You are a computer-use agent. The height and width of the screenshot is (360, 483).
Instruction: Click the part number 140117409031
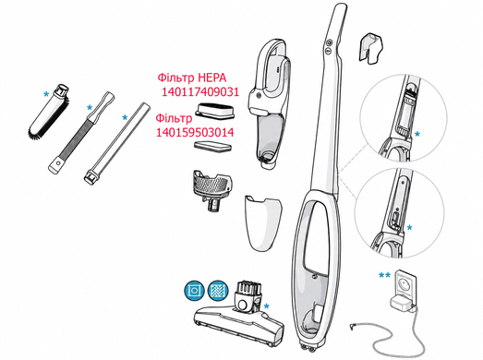tap(200, 92)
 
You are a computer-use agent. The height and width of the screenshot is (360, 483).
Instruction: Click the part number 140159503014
tap(195, 132)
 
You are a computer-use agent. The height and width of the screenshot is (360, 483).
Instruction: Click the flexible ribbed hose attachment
tap(81, 132)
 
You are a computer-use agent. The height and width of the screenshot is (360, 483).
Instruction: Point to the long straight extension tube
tap(117, 143)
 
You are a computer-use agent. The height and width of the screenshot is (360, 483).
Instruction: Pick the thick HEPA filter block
tap(214, 111)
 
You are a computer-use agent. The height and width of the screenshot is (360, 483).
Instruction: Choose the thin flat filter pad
tap(212, 146)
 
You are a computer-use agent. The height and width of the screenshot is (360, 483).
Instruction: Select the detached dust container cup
tap(263, 222)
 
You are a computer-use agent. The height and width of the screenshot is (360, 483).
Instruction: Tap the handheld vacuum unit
tap(270, 103)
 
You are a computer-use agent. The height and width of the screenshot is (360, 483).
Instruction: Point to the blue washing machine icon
tap(194, 291)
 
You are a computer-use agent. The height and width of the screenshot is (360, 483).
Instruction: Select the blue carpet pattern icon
tap(218, 291)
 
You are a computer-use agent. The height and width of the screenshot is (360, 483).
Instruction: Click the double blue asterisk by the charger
tap(384, 275)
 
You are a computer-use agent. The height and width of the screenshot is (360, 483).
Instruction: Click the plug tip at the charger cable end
tap(352, 325)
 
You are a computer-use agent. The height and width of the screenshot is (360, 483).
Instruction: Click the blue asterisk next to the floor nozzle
tap(267, 306)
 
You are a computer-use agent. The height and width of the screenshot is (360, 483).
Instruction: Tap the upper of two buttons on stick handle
tap(330, 42)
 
